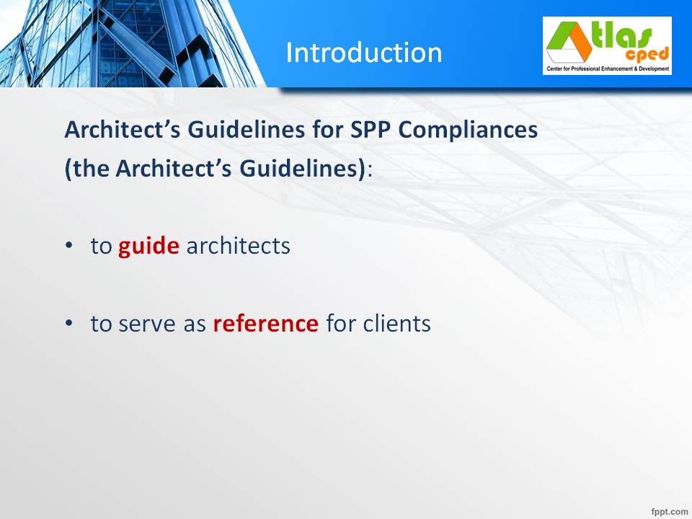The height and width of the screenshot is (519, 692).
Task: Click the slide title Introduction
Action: click(x=363, y=53)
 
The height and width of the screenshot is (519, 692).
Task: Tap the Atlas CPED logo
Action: click(x=607, y=46)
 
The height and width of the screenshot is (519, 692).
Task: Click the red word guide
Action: click(x=148, y=247)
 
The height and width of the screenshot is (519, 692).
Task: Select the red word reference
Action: click(x=266, y=324)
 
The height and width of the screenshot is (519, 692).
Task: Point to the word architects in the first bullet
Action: click(x=239, y=245)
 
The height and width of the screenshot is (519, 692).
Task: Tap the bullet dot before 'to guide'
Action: click(x=69, y=245)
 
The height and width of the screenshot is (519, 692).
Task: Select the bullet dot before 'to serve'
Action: click(x=69, y=323)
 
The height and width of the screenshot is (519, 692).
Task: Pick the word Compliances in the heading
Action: click(x=469, y=130)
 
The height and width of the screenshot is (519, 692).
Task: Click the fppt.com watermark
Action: click(x=670, y=512)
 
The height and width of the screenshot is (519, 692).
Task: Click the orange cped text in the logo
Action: click(x=647, y=55)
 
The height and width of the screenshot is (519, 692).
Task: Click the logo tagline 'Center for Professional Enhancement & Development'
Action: click(x=608, y=69)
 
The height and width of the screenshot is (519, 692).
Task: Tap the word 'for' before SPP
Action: click(x=328, y=130)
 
